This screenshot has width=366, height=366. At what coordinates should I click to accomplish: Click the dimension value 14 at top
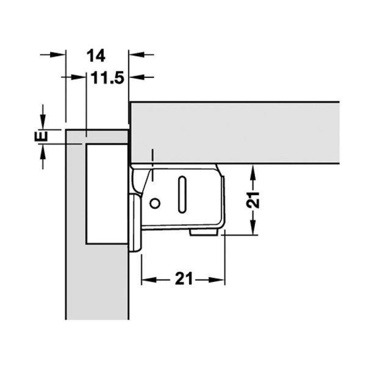96,56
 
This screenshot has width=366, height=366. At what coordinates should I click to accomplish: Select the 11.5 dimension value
107,77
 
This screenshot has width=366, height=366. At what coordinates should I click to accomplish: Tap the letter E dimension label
41,137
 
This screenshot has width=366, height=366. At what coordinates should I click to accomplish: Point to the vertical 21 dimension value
253,200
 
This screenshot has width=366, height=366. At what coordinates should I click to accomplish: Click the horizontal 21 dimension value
184,278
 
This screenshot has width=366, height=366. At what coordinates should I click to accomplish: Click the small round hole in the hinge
154,203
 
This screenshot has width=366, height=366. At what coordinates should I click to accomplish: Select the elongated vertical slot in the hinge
182,195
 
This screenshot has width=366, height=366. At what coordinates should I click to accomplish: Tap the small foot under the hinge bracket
204,232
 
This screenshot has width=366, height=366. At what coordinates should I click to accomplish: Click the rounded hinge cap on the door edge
135,223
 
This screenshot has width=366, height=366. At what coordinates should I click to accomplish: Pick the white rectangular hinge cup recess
107,194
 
